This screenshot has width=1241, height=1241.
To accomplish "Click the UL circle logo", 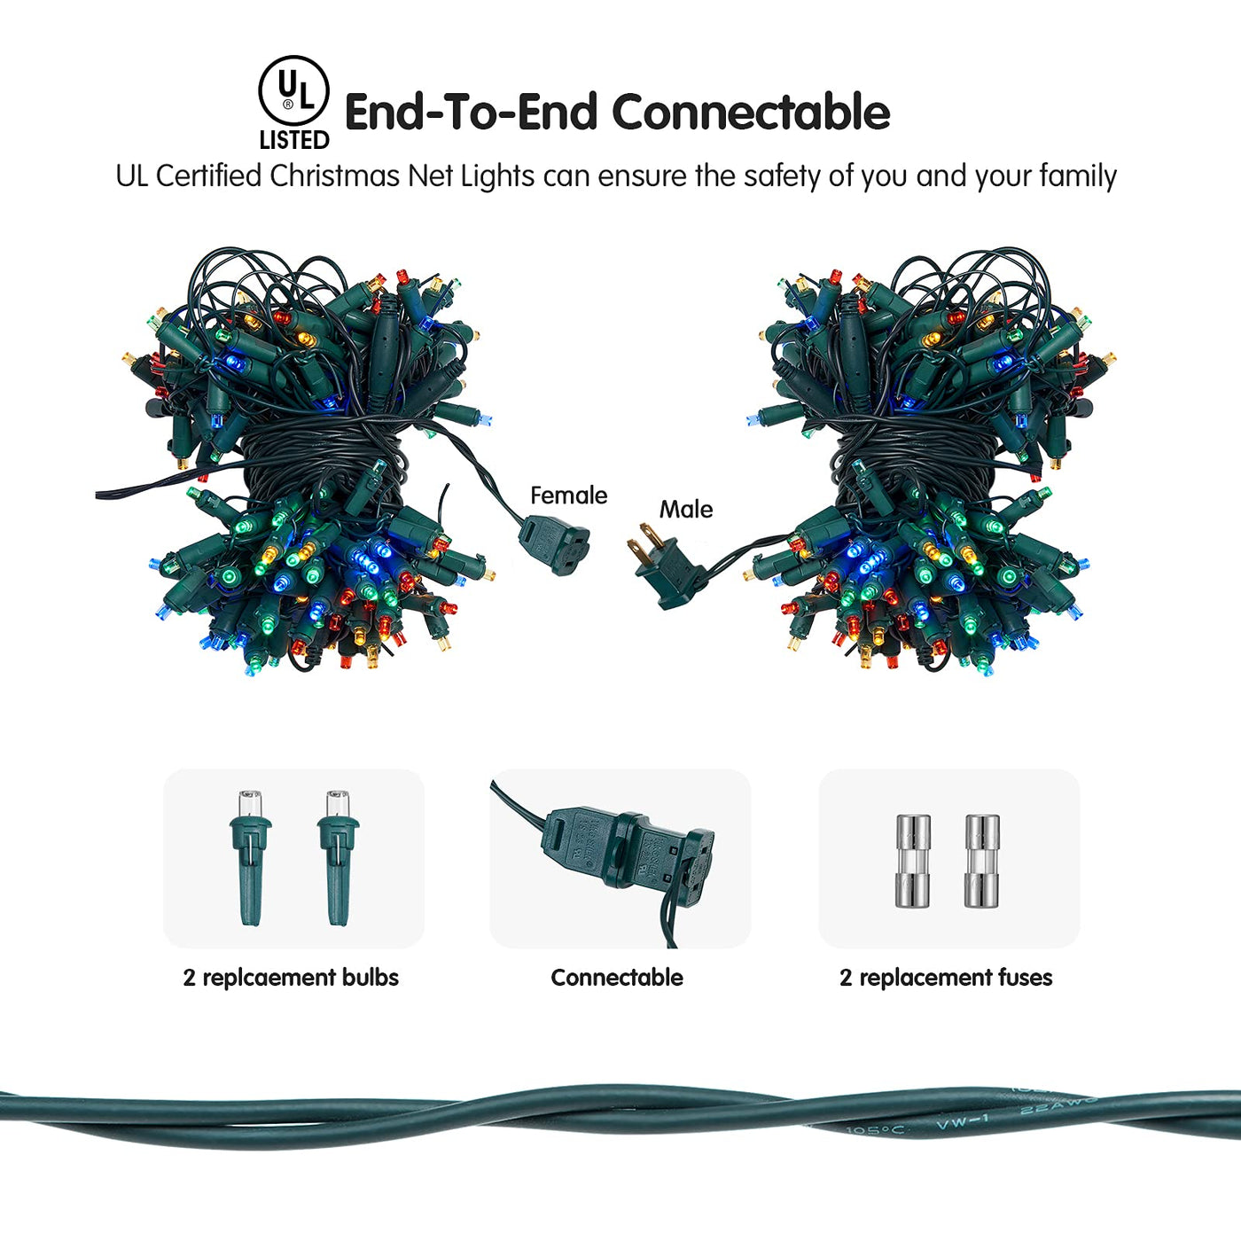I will click(293, 91).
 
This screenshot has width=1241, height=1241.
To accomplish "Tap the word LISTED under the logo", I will click(294, 140).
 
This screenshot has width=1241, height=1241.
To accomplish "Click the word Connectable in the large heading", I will click(751, 113).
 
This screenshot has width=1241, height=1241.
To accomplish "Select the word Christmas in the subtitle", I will click(334, 176).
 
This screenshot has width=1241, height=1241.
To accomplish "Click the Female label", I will click(568, 495).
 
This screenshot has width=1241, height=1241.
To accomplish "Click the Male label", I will click(685, 509).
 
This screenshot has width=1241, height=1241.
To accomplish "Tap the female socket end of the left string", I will click(556, 543).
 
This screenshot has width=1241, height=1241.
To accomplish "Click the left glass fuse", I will click(913, 860).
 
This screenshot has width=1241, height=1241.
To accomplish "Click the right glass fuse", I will click(982, 860).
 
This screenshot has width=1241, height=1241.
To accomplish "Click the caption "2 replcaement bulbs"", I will click(291, 977).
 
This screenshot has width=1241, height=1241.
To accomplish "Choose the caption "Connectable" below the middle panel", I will click(617, 977).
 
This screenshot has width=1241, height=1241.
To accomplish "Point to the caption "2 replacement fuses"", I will click(946, 977).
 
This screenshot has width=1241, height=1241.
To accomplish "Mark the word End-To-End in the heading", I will click(471, 113).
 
